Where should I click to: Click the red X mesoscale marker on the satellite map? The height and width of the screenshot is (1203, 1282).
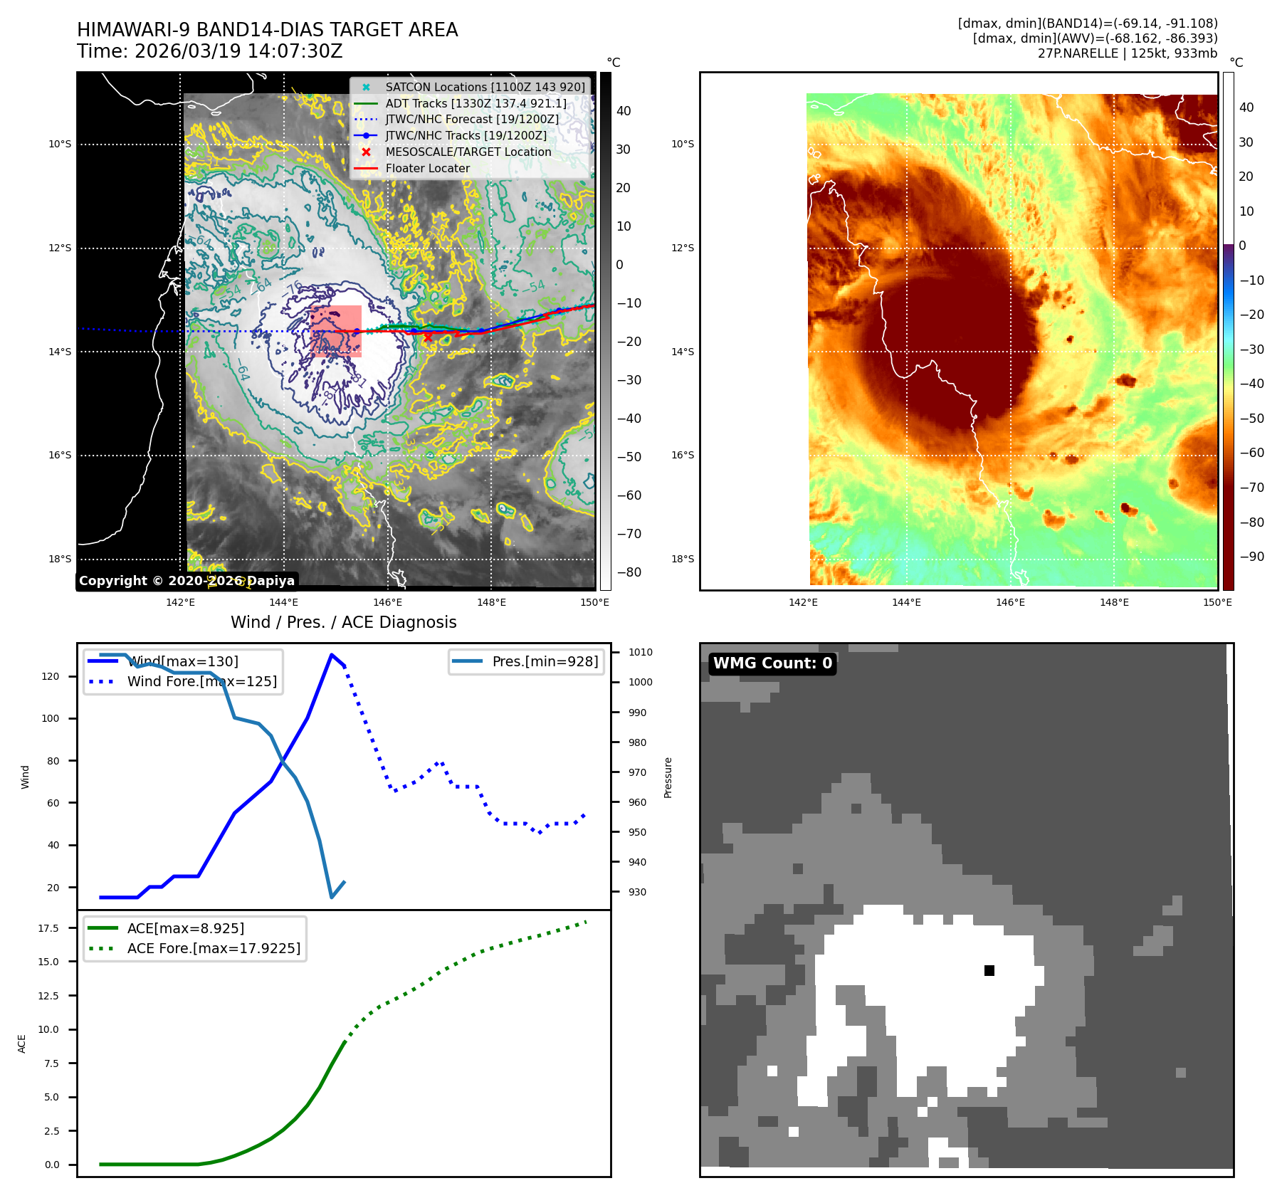(428, 337)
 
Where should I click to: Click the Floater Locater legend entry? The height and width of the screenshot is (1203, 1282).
(427, 169)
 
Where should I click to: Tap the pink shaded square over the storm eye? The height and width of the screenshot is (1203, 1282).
(336, 331)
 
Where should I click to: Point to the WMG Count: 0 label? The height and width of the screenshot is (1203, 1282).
(772, 663)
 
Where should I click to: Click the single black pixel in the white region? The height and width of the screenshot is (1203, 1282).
(989, 971)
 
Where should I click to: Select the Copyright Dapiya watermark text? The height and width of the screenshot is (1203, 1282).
(186, 581)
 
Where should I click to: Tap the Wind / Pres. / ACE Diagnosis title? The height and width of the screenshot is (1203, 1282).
(343, 622)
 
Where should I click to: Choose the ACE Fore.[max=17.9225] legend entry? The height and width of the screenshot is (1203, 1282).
(214, 948)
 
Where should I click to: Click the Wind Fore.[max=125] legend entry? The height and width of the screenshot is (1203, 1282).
(201, 681)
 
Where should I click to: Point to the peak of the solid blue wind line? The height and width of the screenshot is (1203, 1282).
(332, 655)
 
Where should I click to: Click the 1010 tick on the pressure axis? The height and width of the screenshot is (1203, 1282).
(640, 652)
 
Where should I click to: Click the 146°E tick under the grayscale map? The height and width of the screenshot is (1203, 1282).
(388, 602)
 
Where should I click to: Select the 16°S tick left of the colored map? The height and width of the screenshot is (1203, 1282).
(682, 455)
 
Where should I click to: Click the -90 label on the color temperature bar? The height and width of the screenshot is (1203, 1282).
(1251, 557)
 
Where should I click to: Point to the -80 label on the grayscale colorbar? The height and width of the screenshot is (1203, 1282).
(629, 572)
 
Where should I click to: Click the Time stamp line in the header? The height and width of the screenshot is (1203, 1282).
(210, 51)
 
